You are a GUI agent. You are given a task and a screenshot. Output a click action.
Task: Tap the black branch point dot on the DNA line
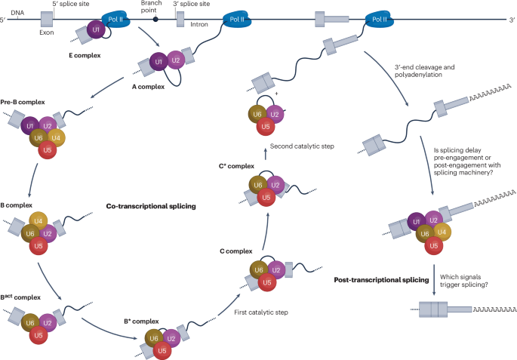click(155, 17)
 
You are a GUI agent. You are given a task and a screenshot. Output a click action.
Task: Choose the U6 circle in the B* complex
click(153, 319)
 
